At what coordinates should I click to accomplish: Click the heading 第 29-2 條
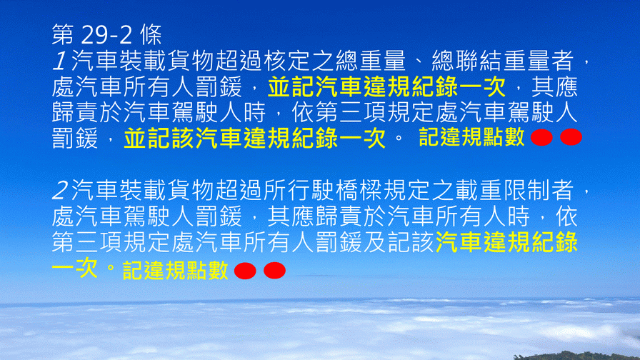tap(107, 34)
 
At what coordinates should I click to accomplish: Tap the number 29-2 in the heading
tap(107, 34)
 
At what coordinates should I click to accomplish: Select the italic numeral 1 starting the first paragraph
tap(59, 61)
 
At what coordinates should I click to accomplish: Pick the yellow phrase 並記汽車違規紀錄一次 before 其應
tap(386, 86)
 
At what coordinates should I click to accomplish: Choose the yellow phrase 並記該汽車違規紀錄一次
tap(255, 138)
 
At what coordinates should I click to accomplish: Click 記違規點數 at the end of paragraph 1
tap(471, 137)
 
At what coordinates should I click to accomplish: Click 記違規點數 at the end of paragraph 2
tap(175, 271)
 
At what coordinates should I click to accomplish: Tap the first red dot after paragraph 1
tap(541, 138)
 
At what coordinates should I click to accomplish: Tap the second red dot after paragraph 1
tap(571, 137)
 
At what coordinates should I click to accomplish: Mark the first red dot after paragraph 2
tap(245, 271)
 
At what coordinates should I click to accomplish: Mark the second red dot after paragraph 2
tap(275, 270)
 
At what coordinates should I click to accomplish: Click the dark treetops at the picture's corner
tap(576, 356)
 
